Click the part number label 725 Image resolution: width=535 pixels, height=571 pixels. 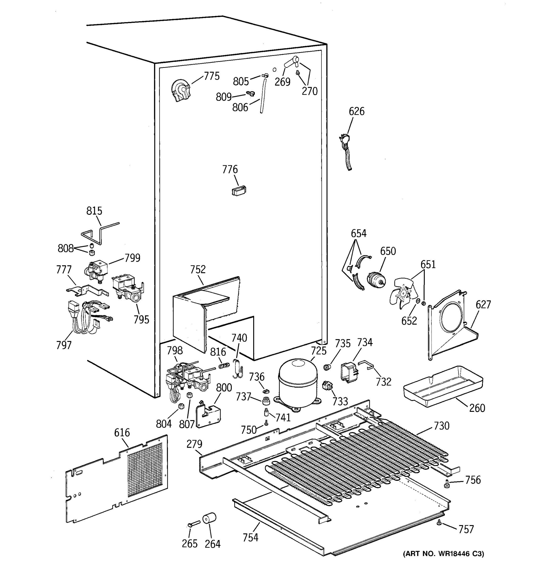[319, 350]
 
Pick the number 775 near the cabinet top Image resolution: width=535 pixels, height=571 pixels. [212, 76]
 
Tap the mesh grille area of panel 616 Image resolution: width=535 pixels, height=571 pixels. [145, 470]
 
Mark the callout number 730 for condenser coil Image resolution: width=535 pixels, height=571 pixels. [441, 426]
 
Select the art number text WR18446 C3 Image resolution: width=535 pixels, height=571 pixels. [444, 553]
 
